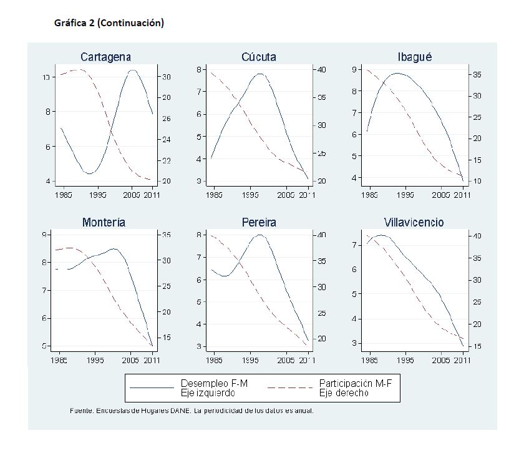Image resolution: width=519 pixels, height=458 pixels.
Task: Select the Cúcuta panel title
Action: coord(258,57)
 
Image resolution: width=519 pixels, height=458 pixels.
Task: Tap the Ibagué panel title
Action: coord(415,57)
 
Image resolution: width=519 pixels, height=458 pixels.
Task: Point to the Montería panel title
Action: coord(104,223)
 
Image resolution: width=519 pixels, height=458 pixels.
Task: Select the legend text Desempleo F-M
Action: coord(214,383)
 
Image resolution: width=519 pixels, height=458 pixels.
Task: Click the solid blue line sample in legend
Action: coord(152,387)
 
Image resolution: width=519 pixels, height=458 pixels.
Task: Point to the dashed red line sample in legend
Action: coord(290,387)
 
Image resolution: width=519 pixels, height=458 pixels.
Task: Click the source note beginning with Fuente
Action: coord(192,411)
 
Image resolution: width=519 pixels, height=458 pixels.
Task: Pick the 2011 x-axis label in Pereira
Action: coord(306,360)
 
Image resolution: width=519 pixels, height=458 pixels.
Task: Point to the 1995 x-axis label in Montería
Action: coord(95,360)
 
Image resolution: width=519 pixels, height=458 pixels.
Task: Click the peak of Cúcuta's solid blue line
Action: coord(259,74)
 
